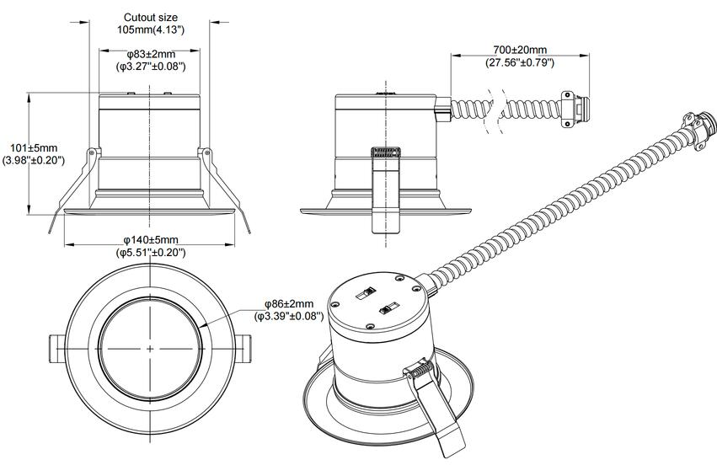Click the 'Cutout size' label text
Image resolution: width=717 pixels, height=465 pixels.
(x=150, y=17)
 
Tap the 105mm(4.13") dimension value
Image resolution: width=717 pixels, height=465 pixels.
(x=150, y=29)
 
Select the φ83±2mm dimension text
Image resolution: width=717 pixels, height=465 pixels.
(x=150, y=54)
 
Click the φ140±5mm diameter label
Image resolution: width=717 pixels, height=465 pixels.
(x=150, y=240)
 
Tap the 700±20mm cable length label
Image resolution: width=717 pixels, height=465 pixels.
(x=520, y=50)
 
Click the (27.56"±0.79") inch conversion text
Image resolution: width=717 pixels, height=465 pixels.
(x=520, y=62)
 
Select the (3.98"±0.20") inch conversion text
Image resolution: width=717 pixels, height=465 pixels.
(x=33, y=160)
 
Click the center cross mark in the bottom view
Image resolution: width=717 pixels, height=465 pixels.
(x=150, y=347)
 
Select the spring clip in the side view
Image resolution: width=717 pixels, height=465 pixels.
(x=384, y=190)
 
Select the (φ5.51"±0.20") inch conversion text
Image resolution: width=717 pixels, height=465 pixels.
(x=150, y=252)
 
